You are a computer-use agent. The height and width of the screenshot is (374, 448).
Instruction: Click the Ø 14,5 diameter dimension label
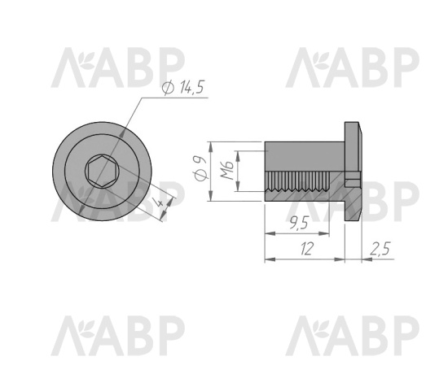[x=182, y=88]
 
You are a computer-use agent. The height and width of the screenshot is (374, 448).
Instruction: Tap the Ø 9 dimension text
[x=200, y=168]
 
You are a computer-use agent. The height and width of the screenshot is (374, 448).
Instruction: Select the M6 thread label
[x=227, y=170]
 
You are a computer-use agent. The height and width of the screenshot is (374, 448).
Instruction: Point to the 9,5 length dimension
[x=299, y=223]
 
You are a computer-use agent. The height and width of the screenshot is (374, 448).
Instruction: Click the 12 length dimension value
[x=307, y=249]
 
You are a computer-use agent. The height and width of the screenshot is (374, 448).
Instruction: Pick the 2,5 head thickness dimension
[x=380, y=249]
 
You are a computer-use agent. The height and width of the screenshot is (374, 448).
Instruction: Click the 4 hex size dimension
[x=159, y=203]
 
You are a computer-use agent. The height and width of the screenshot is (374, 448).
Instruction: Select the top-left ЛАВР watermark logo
[x=118, y=67]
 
